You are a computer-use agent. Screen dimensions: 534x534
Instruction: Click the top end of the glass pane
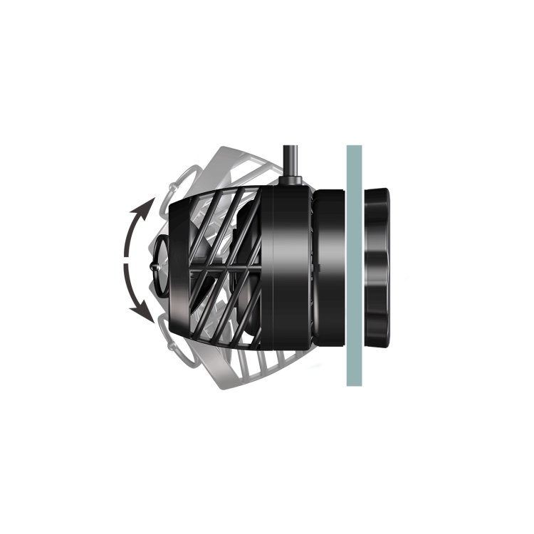point(353,148)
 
